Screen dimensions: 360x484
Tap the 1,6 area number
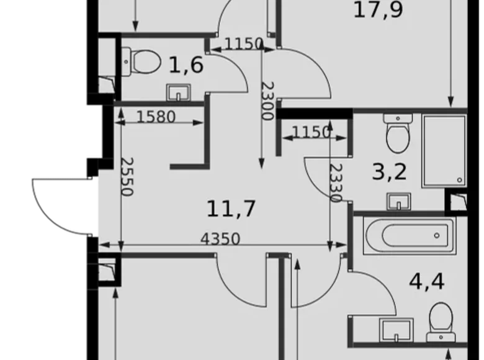(187, 64)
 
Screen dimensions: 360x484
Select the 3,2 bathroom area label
(390, 171)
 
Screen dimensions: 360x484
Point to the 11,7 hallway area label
(231, 209)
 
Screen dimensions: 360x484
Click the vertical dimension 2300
(267, 101)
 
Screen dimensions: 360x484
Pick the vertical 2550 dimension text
(126, 177)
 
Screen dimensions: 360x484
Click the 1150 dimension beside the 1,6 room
(244, 43)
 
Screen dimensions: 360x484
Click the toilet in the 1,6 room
(141, 61)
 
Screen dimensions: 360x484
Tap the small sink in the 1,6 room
(179, 92)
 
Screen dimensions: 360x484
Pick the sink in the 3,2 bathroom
(398, 200)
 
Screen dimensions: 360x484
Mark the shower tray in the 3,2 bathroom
(444, 151)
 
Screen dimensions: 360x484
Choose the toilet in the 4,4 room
(441, 318)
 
